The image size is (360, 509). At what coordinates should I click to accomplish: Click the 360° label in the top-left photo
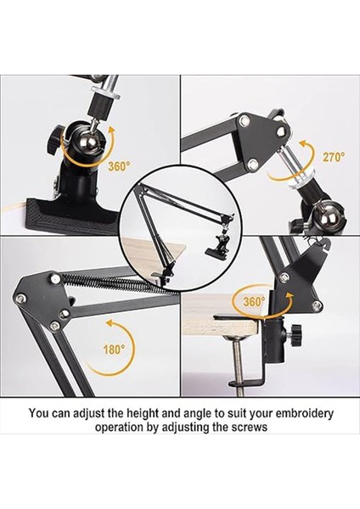118,167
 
